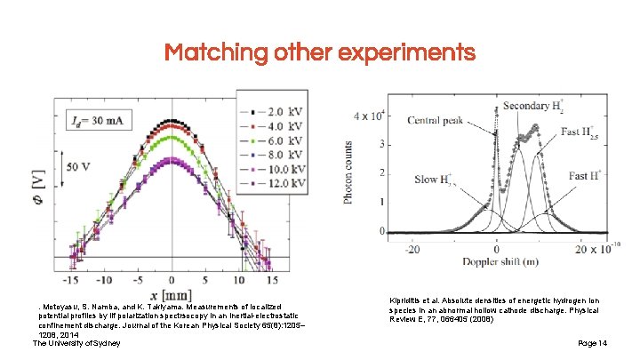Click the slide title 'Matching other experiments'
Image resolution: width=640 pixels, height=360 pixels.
pyautogui.click(x=320, y=52)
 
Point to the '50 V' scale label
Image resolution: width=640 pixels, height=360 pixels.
pyautogui.click(x=80, y=164)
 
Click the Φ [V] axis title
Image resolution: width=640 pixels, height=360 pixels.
pyautogui.click(x=41, y=188)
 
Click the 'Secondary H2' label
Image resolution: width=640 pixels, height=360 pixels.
pyautogui.click(x=536, y=106)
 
